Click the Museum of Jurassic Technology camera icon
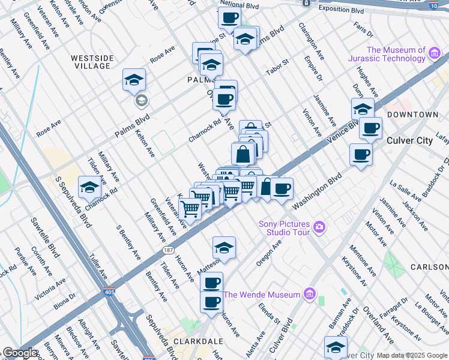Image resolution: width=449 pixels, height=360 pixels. point(435,55)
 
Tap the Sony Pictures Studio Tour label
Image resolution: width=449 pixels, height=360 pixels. point(284,228)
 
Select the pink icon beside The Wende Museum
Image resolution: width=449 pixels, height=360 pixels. point(310,295)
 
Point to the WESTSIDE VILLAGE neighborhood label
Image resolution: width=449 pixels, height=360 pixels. point(92,62)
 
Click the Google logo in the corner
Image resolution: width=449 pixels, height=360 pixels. point(19,353)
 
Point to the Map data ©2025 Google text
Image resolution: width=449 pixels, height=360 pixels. point(411,355)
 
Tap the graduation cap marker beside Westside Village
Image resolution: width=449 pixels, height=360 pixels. point(134,79)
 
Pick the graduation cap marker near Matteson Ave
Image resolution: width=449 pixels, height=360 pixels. point(223,247)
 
